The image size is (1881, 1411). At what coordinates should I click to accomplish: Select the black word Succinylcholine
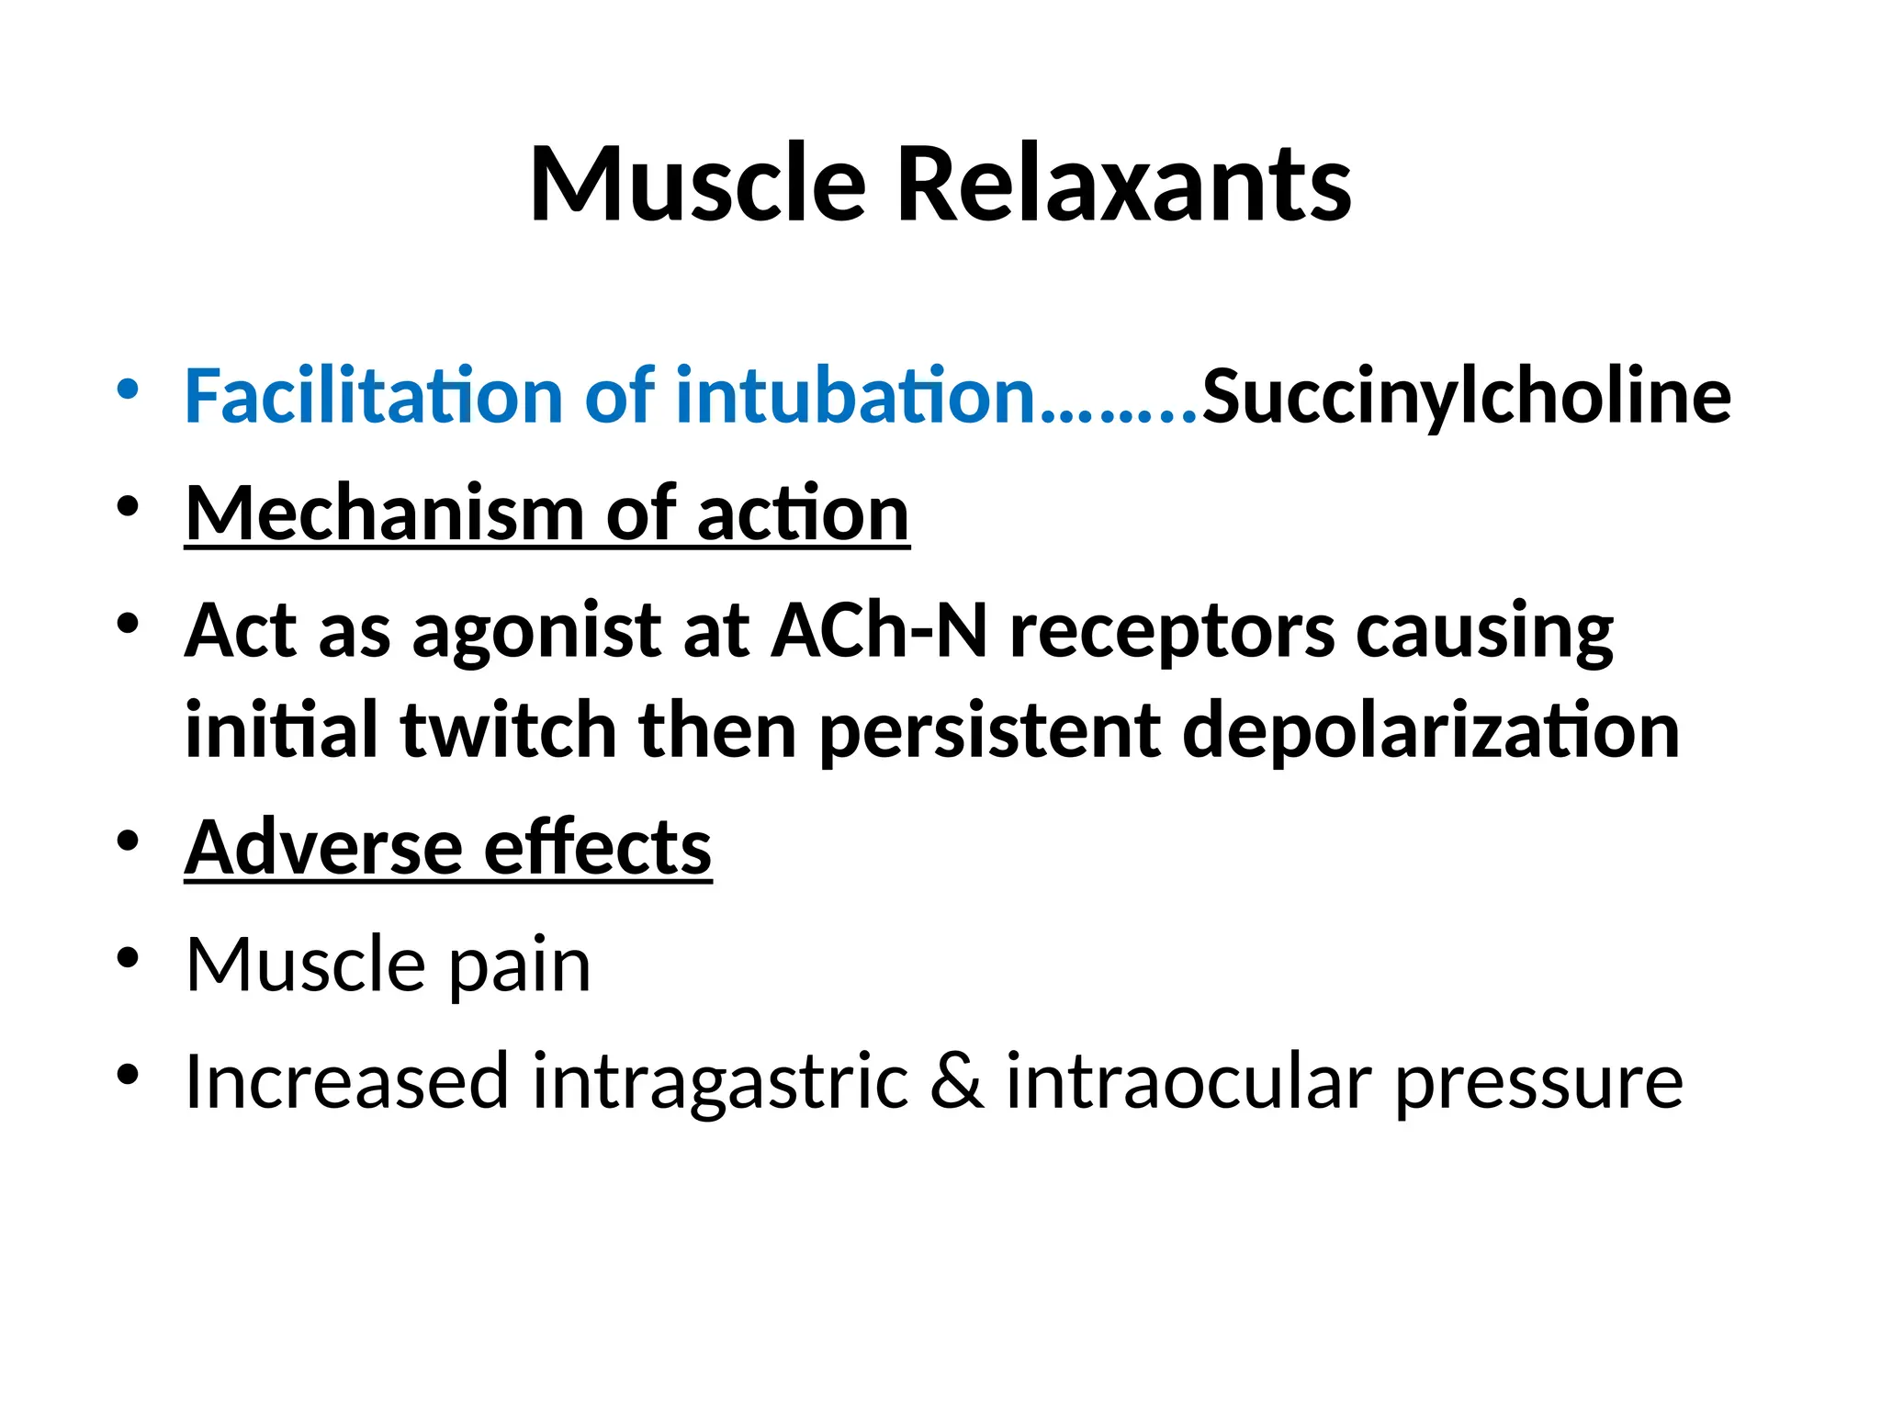[1467, 397]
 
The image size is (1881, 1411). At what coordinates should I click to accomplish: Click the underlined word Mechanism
[384, 514]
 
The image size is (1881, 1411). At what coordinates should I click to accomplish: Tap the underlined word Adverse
[321, 847]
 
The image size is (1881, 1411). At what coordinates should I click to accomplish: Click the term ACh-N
[879, 631]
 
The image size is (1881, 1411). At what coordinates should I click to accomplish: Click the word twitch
[508, 730]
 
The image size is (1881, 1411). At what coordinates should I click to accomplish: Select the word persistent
[989, 732]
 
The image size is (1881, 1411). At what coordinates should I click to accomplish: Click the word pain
[520, 966]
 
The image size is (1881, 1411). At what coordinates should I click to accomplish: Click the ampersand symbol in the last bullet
[957, 1081]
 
